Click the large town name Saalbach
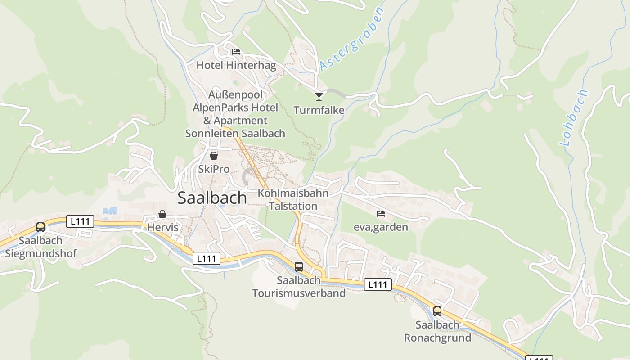212,198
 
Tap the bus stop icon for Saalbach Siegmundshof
40,227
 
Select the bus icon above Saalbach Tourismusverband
299,266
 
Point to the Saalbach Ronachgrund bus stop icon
437,311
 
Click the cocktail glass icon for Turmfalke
319,96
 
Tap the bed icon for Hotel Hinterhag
236,52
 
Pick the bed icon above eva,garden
381,213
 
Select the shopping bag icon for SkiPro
214,156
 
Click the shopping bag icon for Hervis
162,214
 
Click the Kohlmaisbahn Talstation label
293,200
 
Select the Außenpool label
235,95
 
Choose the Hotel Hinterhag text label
236,65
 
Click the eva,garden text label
381,227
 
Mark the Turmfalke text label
319,110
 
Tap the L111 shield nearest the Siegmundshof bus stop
80,221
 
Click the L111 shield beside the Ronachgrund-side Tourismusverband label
378,284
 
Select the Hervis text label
163,228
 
